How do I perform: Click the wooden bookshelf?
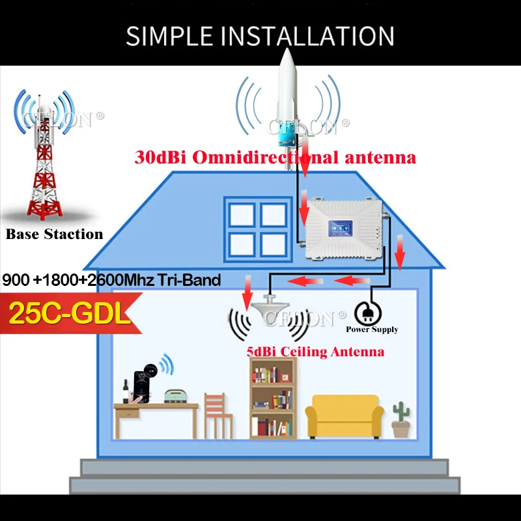pyautogui.click(x=273, y=397)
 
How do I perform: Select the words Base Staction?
pyautogui.click(x=55, y=234)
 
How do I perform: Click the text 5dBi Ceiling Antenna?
pyautogui.click(x=315, y=352)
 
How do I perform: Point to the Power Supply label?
pyautogui.click(x=372, y=330)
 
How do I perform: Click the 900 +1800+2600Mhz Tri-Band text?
pyautogui.click(x=112, y=281)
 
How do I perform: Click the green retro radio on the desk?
pyautogui.click(x=176, y=395)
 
